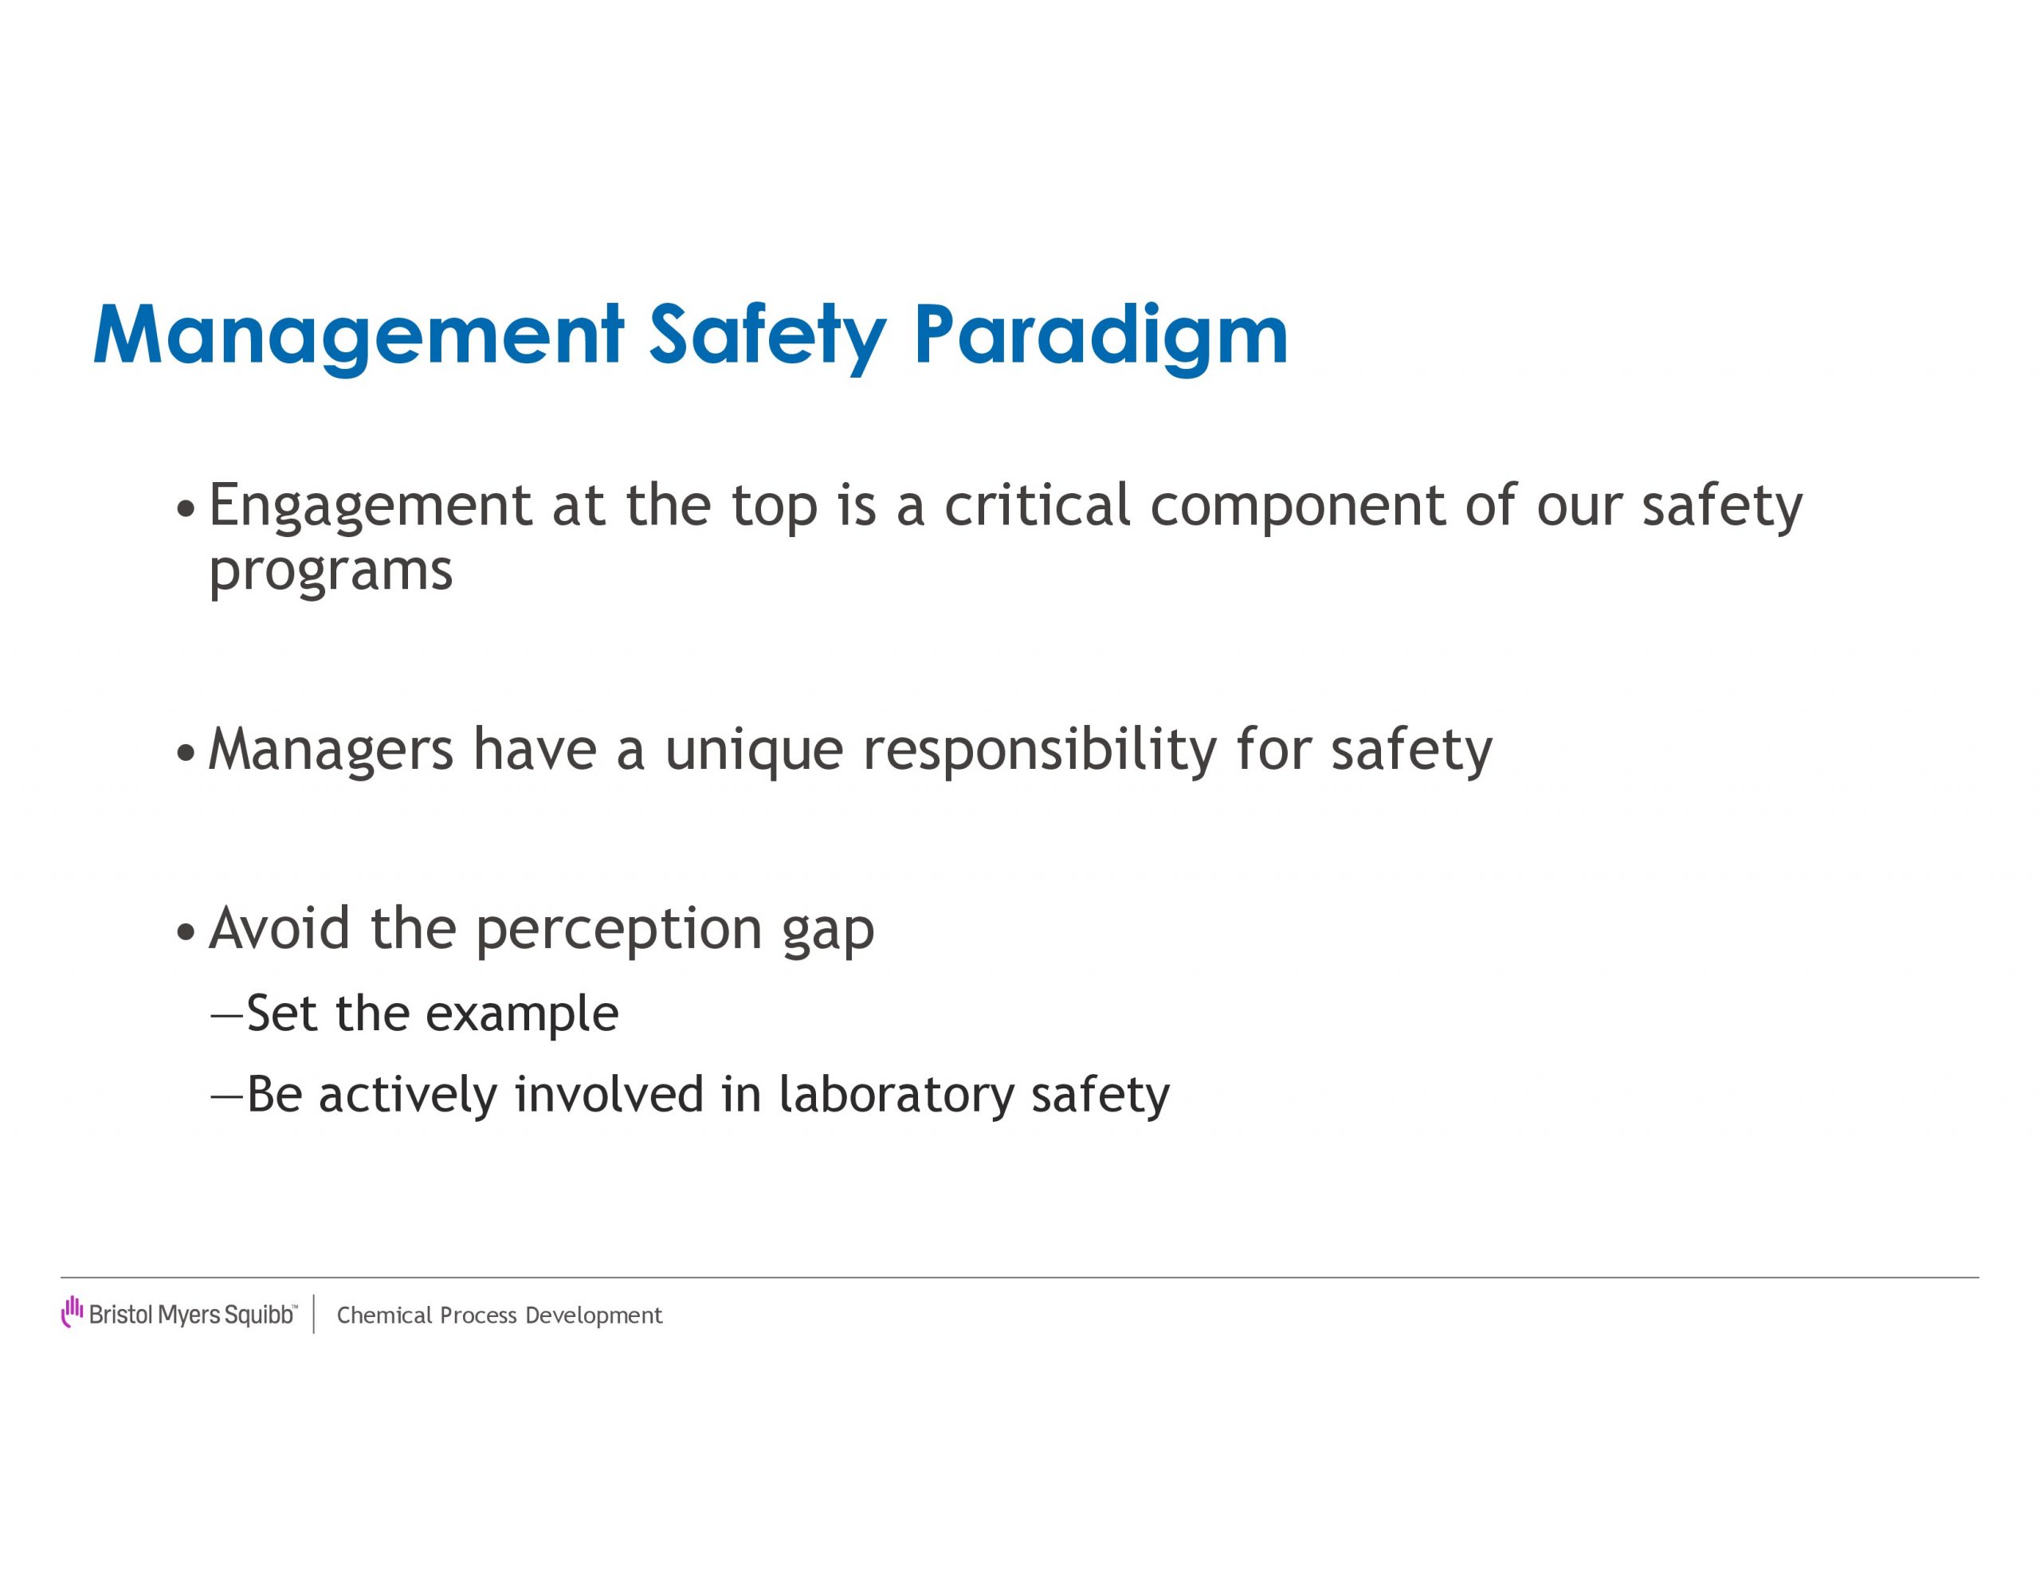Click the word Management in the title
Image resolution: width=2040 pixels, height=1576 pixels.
[x=359, y=336]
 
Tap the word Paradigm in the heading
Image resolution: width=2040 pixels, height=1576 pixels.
[x=1100, y=336]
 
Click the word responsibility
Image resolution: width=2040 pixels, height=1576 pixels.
[x=1040, y=751]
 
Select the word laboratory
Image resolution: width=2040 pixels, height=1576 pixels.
[x=896, y=1095]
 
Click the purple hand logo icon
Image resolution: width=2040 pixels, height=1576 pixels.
[x=72, y=1311]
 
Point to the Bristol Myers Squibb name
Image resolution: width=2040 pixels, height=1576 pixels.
[x=192, y=1315]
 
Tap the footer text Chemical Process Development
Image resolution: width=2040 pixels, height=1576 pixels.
[x=500, y=1315]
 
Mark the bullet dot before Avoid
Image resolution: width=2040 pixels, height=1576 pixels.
[x=186, y=932]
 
